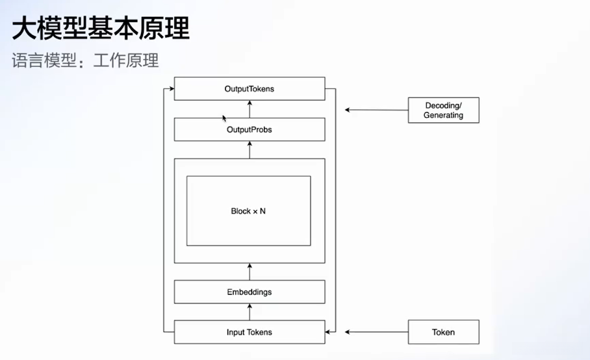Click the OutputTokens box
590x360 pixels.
coord(250,89)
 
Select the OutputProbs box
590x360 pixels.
coord(250,129)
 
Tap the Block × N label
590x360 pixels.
coord(248,211)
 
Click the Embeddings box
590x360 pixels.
coord(250,292)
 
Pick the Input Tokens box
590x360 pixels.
coord(250,332)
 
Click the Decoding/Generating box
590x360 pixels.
coord(443,110)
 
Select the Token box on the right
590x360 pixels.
coord(443,332)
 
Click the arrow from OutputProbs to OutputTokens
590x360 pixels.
coord(250,109)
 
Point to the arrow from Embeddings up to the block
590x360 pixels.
coord(250,272)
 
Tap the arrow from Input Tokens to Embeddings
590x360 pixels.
coord(250,312)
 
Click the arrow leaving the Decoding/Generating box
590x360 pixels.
coord(377,110)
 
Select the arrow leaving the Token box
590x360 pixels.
coord(377,332)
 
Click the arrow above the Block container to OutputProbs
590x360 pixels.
coord(250,149)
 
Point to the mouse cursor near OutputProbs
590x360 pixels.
coord(224,118)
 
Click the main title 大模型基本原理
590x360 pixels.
coord(101,29)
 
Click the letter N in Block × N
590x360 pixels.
coord(263,211)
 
